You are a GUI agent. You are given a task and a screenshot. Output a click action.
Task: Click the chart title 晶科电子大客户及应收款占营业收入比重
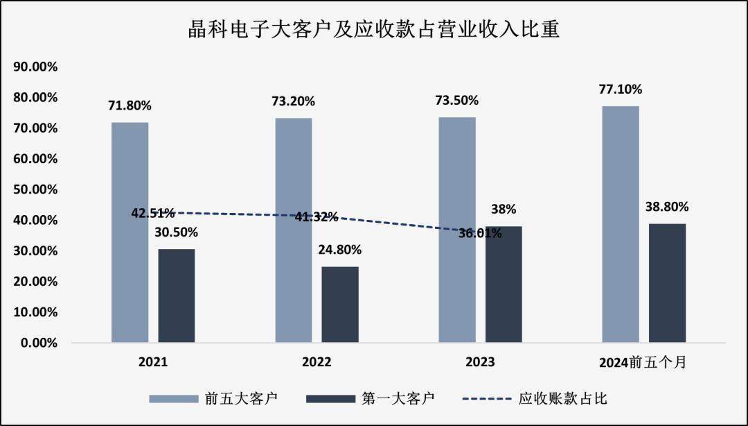[x=374, y=30]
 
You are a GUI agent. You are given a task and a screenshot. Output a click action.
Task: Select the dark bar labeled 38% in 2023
[x=504, y=284]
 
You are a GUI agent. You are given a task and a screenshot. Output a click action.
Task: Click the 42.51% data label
[x=153, y=212]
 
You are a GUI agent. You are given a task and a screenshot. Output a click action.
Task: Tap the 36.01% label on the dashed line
[x=480, y=233]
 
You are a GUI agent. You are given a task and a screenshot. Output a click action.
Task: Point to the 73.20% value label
[x=294, y=101]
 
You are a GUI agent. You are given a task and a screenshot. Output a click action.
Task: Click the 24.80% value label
[x=339, y=250]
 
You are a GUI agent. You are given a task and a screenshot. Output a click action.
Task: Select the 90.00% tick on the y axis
[x=34, y=67]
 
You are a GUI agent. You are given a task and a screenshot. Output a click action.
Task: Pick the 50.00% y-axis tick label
[x=34, y=189]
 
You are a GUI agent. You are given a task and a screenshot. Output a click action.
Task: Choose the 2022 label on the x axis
[x=317, y=362]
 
